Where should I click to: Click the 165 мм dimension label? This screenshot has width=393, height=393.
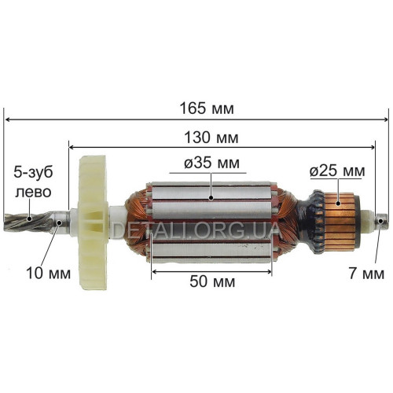coord(207,108)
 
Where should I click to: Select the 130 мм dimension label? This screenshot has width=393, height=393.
coord(211,138)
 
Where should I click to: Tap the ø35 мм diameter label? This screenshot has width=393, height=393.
coord(211,163)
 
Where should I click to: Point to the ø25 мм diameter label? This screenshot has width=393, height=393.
coord(337,171)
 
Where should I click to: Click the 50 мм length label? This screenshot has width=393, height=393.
coord(212,281)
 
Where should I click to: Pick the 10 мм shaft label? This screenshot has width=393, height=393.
coord(49,274)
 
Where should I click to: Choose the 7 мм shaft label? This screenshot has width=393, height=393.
coord(366,274)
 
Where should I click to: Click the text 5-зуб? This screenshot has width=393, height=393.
coord(33,173)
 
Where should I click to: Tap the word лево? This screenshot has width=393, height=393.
coord(33,192)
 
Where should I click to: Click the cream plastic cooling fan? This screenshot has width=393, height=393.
coord(93,222)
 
